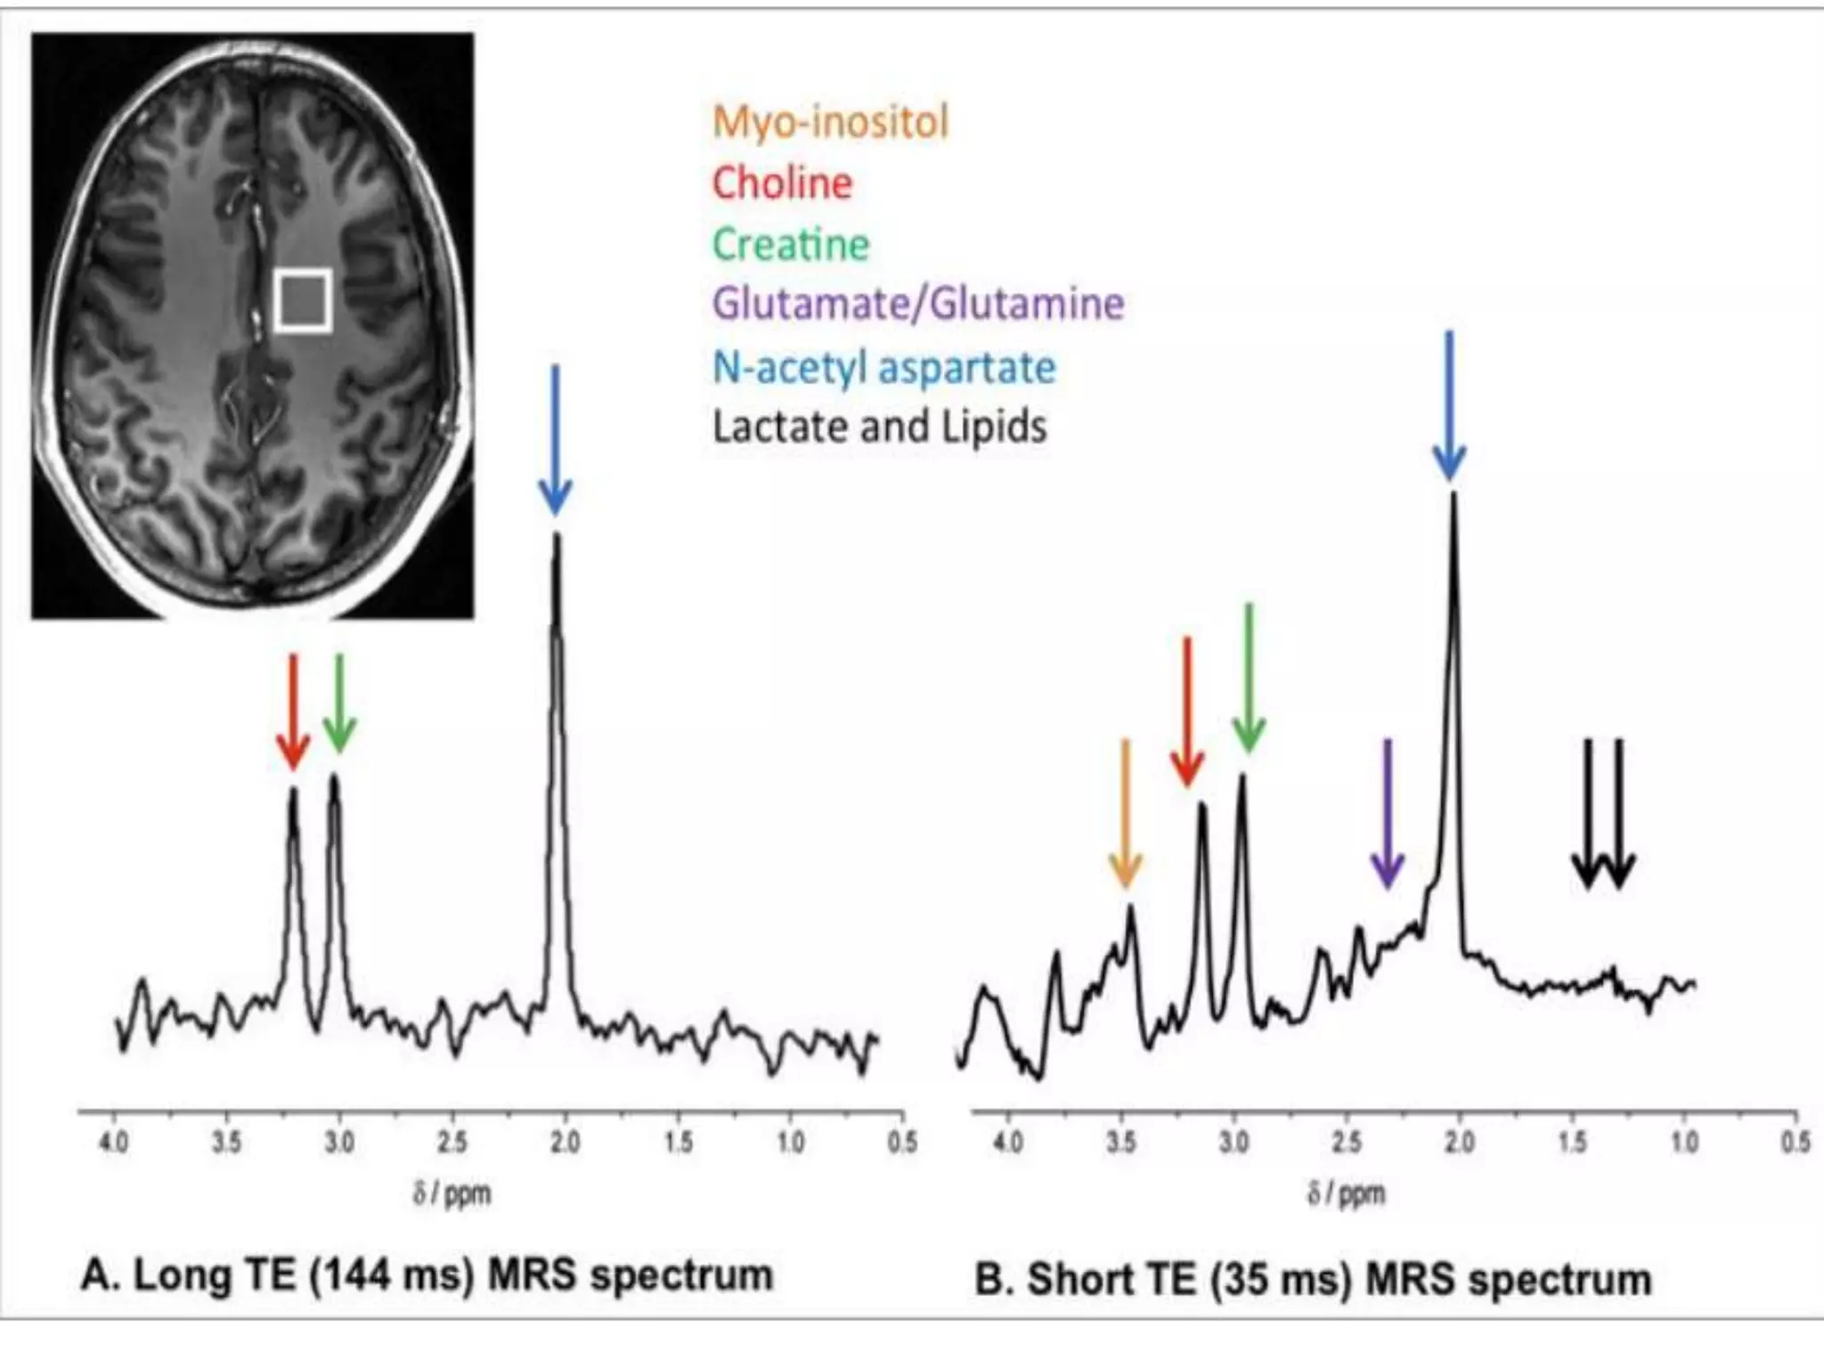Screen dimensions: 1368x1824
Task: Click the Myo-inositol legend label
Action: pyautogui.click(x=831, y=122)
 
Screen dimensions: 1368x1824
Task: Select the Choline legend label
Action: pyautogui.click(x=782, y=183)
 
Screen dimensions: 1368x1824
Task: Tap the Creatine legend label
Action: pyautogui.click(x=791, y=245)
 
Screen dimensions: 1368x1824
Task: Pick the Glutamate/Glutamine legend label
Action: pyautogui.click(x=918, y=304)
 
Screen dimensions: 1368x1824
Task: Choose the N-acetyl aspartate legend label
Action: pyautogui.click(x=884, y=367)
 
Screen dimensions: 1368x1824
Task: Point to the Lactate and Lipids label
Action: pyautogui.click(x=879, y=427)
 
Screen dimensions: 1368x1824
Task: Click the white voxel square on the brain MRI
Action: pyautogui.click(x=303, y=300)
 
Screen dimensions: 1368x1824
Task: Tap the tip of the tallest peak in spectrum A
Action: pyautogui.click(x=558, y=536)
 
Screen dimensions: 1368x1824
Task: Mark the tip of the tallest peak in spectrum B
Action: pyautogui.click(x=1453, y=493)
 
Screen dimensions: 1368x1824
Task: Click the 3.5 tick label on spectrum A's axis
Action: pyautogui.click(x=226, y=1142)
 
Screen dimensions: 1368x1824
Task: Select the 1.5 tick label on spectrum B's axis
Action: pyautogui.click(x=1572, y=1142)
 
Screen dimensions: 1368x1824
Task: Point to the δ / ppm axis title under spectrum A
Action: pyautogui.click(x=452, y=1193)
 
